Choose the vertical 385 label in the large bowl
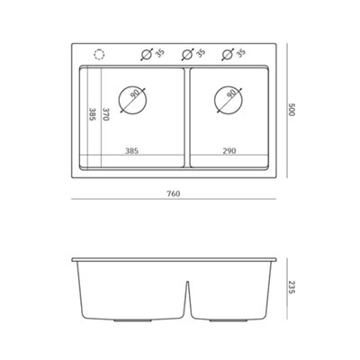pos(93,115)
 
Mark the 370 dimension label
pos(105,115)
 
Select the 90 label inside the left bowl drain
pos(135,94)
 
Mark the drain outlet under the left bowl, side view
pos(132,319)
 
